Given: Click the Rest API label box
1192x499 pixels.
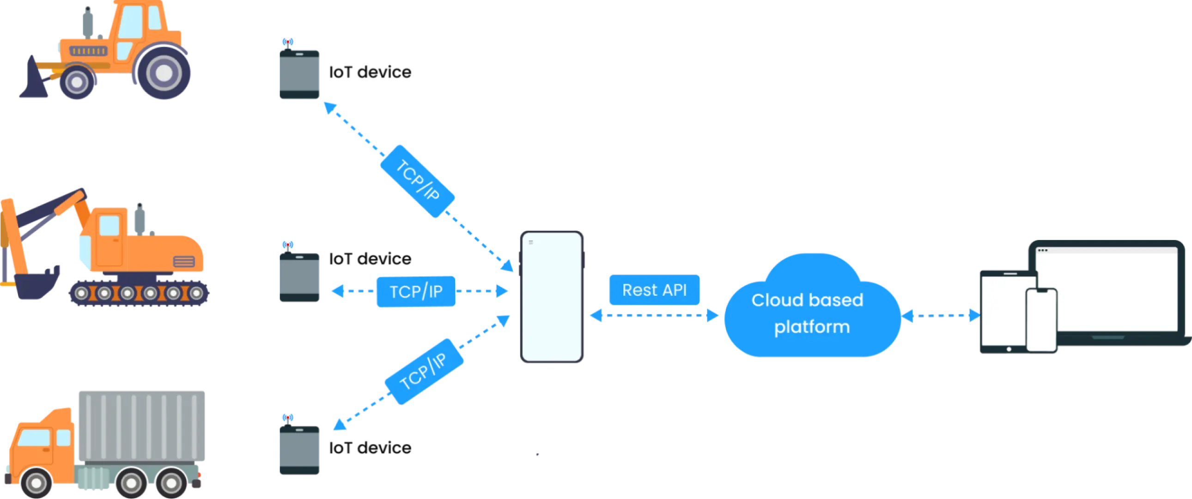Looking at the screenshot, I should pyautogui.click(x=654, y=290).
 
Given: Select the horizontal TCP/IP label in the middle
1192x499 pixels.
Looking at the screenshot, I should pyautogui.click(x=415, y=291).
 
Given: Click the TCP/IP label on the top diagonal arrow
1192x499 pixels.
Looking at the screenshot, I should pyautogui.click(x=418, y=181).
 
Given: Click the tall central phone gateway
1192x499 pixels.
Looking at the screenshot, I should pyautogui.click(x=551, y=296).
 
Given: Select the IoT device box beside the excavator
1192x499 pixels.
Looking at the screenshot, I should pyautogui.click(x=299, y=277).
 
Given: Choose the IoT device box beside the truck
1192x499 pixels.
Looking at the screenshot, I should pyautogui.click(x=299, y=450).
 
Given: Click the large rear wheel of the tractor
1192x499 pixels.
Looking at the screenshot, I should pyautogui.click(x=163, y=73).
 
